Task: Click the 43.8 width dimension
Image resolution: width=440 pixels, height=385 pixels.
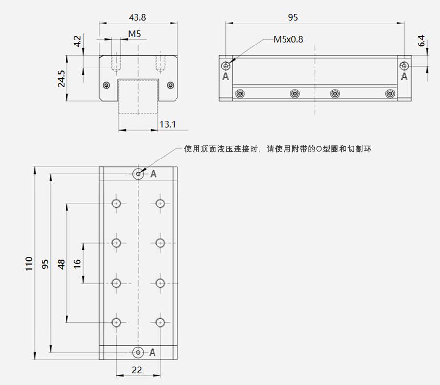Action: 137,18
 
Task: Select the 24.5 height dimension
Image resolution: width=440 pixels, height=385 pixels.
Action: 61,79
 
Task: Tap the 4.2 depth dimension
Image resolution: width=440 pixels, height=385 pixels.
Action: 77,41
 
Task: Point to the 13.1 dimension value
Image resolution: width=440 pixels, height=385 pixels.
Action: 168,124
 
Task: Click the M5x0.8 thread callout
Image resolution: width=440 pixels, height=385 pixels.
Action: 288,39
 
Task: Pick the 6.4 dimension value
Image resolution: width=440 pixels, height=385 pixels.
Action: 421,41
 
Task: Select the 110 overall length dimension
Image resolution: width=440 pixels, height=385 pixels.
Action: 29,263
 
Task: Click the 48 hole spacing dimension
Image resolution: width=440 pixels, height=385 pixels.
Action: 61,264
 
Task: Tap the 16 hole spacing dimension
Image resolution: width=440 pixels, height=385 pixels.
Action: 77,264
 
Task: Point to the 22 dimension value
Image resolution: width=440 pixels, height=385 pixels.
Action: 137,370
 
